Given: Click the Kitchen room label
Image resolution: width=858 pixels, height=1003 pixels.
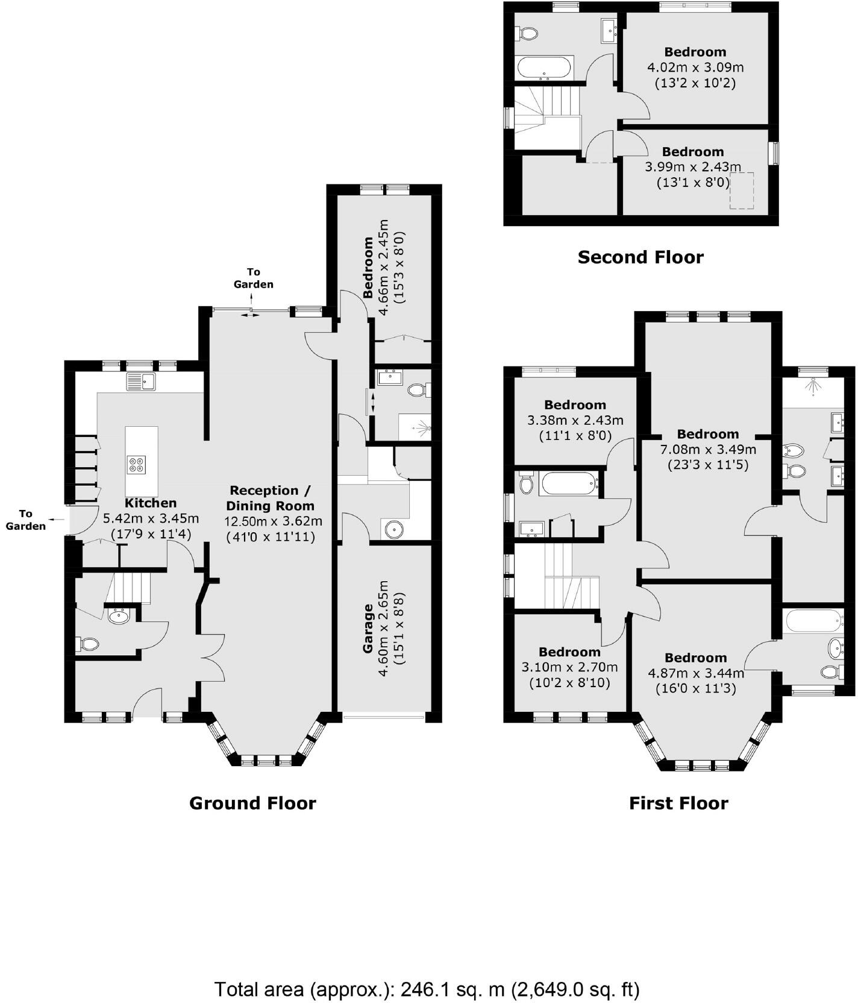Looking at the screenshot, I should click(151, 503).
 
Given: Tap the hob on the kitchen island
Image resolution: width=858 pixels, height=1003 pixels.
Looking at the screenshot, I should click(136, 464).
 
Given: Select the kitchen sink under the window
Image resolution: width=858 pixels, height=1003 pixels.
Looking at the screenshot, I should click(140, 382).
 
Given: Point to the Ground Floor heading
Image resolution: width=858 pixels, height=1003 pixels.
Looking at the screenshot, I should click(252, 803).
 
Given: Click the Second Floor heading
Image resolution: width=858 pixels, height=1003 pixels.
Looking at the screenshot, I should click(640, 257).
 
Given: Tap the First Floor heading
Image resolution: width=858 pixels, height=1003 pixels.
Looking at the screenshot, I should click(678, 803).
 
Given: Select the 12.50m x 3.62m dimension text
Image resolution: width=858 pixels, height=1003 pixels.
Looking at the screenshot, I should click(273, 521).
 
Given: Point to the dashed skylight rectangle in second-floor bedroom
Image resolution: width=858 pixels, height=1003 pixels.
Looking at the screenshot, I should click(742, 190).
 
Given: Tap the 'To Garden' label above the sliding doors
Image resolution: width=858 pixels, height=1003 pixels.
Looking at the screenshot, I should click(253, 278).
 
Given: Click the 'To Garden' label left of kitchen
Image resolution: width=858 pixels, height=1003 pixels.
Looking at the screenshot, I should click(25, 520).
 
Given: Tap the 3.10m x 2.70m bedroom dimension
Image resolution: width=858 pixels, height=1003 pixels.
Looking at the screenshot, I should click(569, 667).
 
